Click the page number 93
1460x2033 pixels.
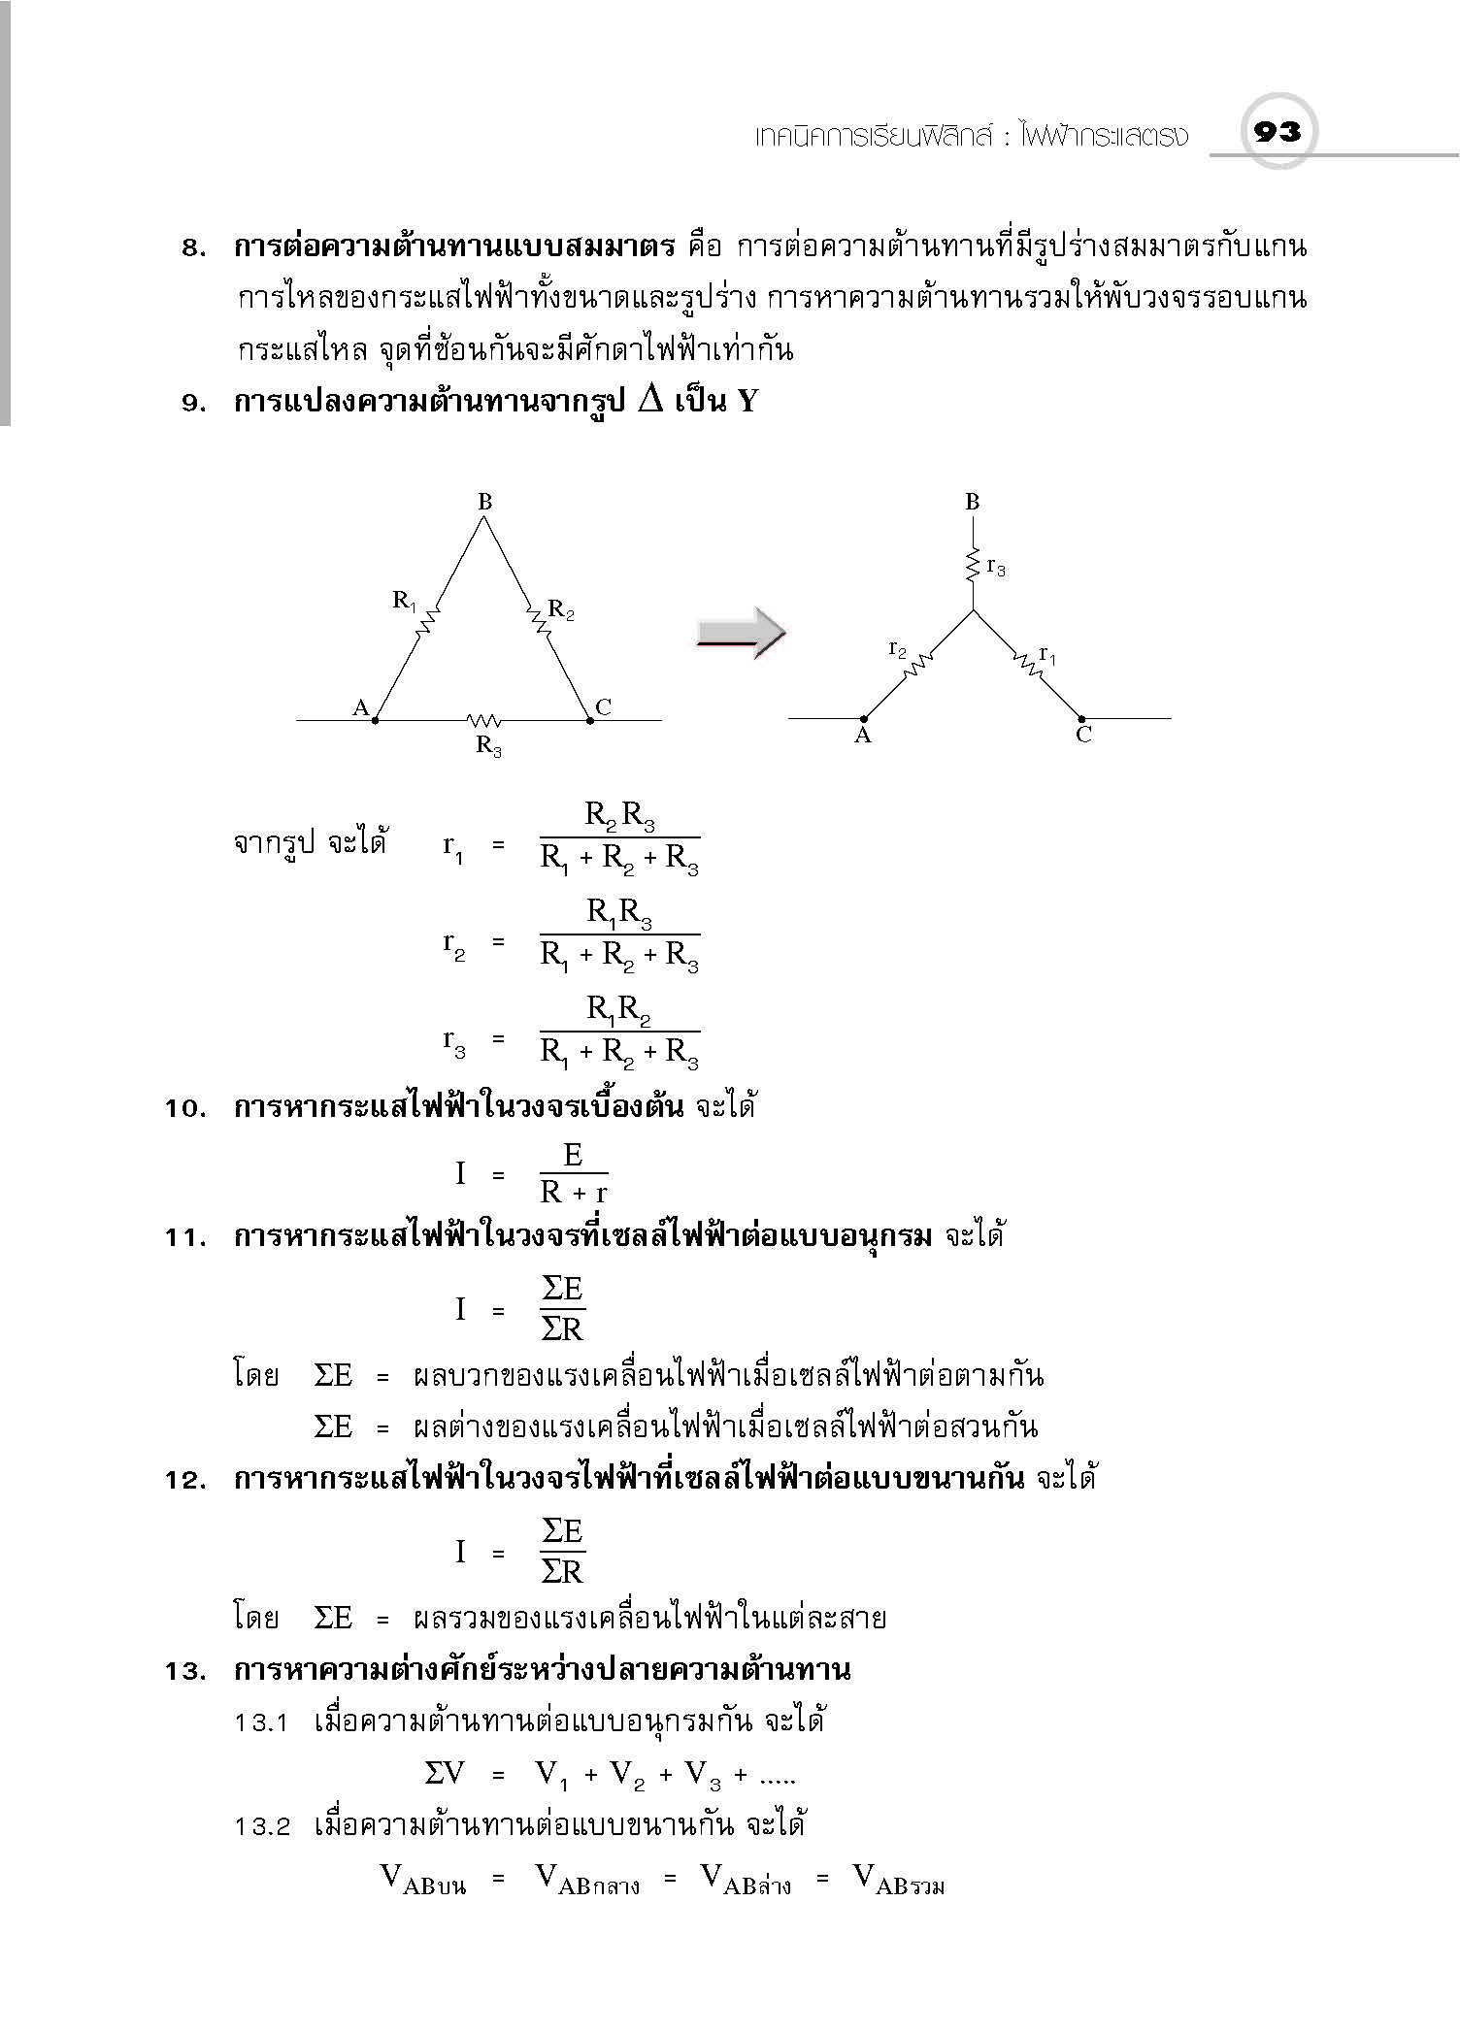1277,131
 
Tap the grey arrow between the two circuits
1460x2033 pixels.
741,634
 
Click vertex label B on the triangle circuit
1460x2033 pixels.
485,502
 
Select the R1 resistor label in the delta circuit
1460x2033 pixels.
405,601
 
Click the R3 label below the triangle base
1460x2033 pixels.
488,745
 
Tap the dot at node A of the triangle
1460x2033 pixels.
376,720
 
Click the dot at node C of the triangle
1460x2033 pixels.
589,720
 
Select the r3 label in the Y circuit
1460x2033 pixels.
996,568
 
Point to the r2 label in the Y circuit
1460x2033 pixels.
898,649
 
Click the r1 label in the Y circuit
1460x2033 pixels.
1047,655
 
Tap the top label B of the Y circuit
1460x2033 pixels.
973,502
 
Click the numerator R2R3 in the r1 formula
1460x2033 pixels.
619,816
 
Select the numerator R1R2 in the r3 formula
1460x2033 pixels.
618,1010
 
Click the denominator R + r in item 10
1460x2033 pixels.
574,1192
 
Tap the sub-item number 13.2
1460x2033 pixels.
262,1826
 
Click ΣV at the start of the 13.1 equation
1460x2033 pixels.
446,1774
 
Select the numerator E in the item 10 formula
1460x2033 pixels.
573,1155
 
